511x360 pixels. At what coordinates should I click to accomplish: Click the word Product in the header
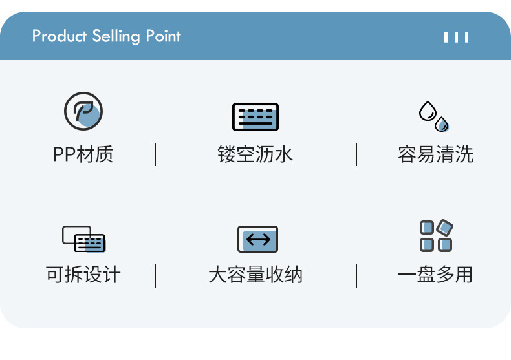(x=59, y=36)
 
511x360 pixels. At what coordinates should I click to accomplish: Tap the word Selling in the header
(x=117, y=36)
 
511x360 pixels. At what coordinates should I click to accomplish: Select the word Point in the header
(x=163, y=36)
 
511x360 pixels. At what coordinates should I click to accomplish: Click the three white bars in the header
(x=456, y=37)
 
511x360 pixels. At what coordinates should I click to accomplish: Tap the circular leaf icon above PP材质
(x=83, y=112)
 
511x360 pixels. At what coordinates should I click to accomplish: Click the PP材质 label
(x=83, y=154)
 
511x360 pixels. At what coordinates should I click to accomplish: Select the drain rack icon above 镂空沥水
(x=255, y=117)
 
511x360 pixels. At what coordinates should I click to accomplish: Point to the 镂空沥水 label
(x=255, y=154)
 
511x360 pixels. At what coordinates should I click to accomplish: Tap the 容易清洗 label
(x=435, y=154)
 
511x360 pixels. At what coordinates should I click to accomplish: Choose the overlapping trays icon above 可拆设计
(x=83, y=238)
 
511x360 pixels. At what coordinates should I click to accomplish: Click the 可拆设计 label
(x=83, y=275)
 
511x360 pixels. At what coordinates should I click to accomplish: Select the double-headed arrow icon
(x=258, y=240)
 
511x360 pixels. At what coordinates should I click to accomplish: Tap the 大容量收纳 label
(x=255, y=275)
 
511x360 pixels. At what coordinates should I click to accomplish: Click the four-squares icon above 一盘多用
(x=436, y=236)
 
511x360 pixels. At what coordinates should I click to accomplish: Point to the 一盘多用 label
(x=435, y=275)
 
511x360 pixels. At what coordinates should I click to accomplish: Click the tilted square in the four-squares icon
(x=445, y=228)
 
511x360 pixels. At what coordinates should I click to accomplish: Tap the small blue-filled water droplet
(x=442, y=124)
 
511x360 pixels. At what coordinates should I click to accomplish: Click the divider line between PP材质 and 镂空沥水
(x=155, y=154)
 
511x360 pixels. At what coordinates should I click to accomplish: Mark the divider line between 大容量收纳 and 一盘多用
(x=356, y=275)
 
